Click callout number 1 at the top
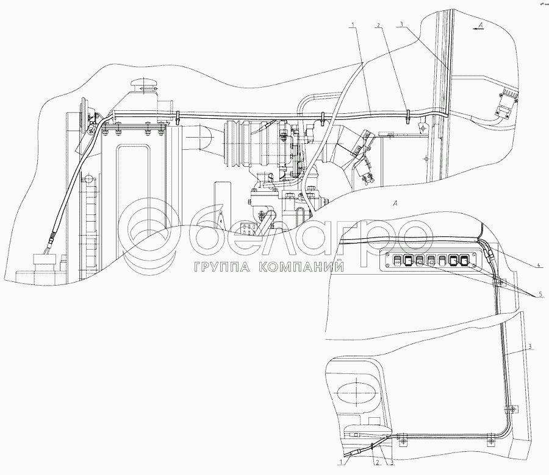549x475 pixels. pos(353,24)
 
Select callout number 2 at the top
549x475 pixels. pos(379,26)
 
